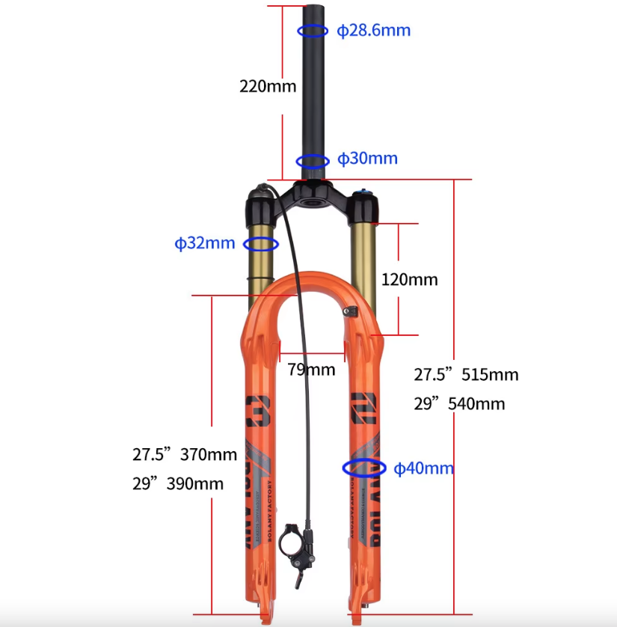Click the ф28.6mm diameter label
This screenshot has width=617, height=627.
coord(373,31)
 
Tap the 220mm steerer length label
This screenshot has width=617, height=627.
coord(267,86)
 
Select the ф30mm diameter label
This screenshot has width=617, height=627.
coord(367,159)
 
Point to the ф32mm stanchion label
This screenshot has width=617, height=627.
coord(205,243)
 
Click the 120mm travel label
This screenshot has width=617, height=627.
coord(409,280)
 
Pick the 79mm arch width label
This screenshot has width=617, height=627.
coord(311,369)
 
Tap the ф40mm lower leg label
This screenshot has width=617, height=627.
coord(424,468)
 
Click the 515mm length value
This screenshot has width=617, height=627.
coord(490,374)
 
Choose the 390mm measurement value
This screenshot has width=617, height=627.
coord(195,483)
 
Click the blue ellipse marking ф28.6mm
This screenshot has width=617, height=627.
coord(313,31)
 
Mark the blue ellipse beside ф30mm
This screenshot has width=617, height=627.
coord(313,161)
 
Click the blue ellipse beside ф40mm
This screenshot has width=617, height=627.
coord(364,468)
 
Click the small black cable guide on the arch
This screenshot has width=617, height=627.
coord(350,311)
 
